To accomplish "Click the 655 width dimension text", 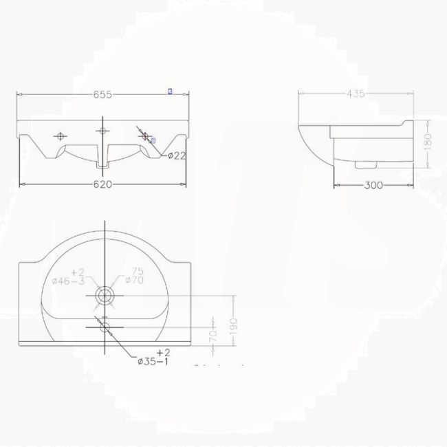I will [x=103, y=94].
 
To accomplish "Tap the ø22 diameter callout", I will [x=177, y=155].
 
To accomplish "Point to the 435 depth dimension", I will [x=356, y=94].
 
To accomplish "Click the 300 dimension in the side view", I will [x=373, y=185].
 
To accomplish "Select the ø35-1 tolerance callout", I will [x=153, y=361].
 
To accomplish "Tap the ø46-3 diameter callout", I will [x=69, y=281].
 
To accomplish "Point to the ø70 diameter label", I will [x=133, y=281].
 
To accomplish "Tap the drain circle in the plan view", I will [x=104, y=296].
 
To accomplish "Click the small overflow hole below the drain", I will [x=104, y=327].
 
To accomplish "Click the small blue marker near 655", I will [x=170, y=91].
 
